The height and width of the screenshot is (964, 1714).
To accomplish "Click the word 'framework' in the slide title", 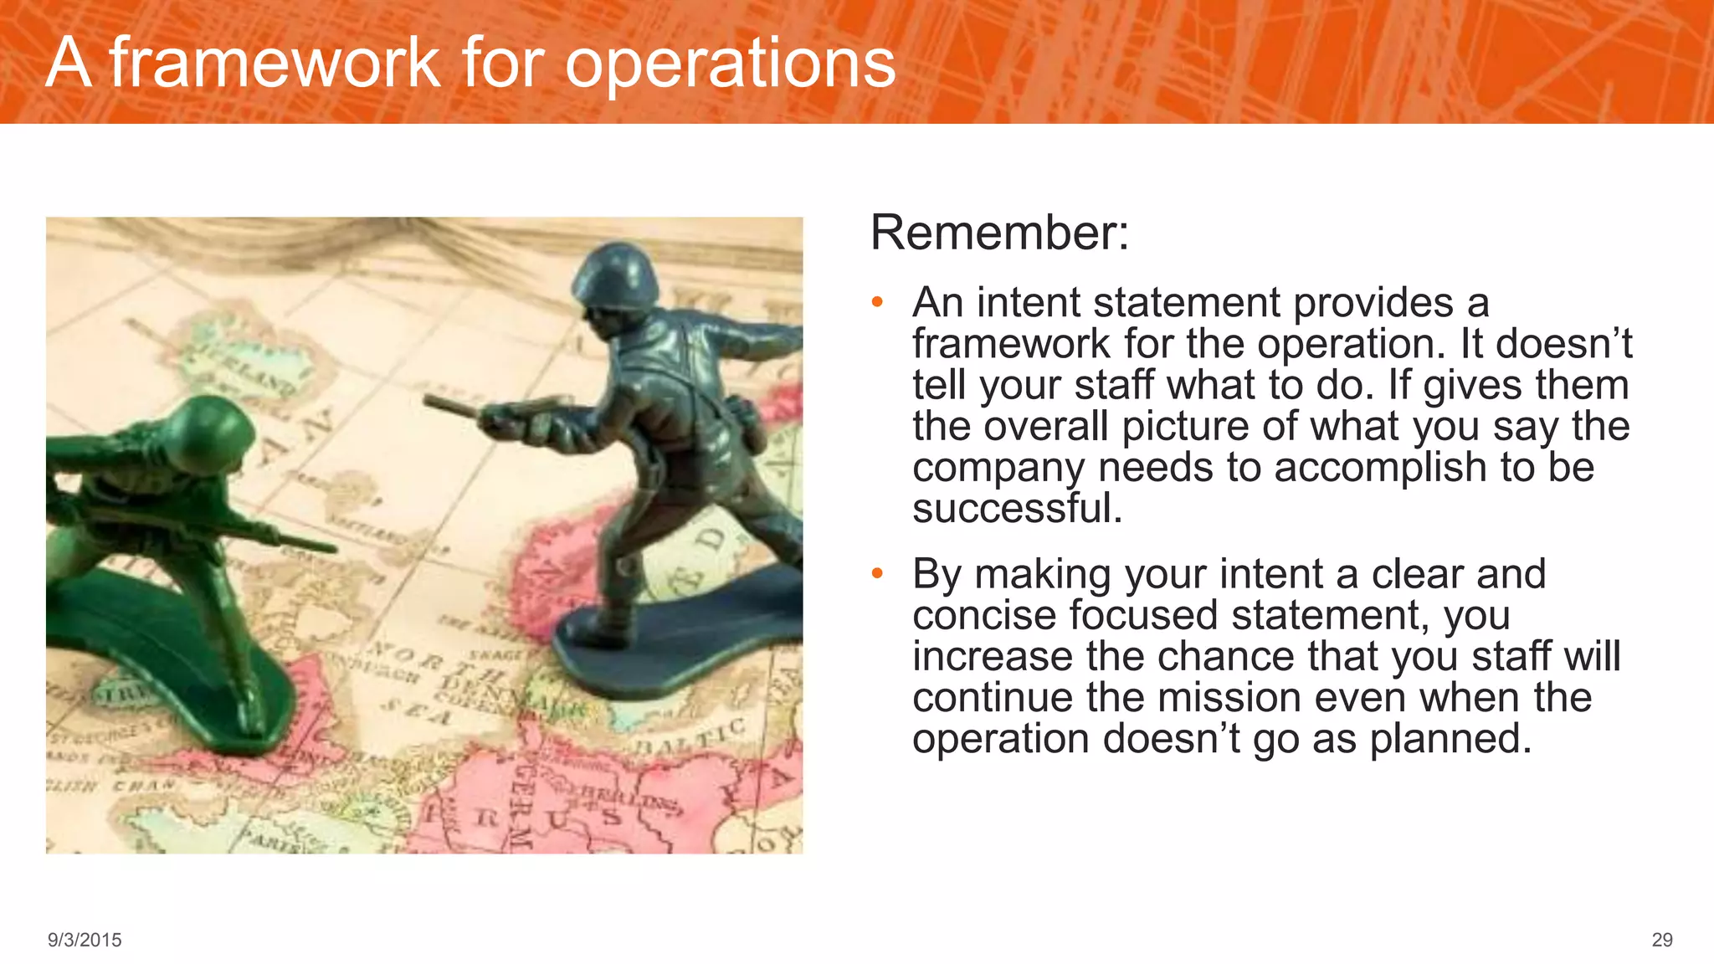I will click(x=275, y=63).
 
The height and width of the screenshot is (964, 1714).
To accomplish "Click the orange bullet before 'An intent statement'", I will click(x=876, y=302).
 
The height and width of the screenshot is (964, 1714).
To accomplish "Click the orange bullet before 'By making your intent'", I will click(x=876, y=574).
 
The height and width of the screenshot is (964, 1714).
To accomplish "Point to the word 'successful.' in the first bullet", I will click(x=1017, y=508).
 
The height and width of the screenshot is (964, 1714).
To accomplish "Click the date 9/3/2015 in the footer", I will click(x=85, y=940).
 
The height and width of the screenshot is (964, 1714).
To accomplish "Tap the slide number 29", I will click(x=1661, y=940).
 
